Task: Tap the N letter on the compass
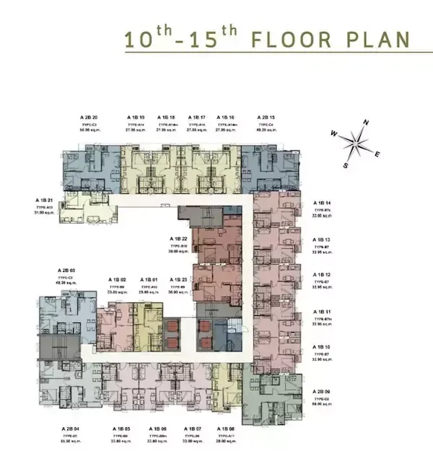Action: [367, 122]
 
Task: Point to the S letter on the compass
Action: [346, 165]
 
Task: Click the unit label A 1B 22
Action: [178, 238]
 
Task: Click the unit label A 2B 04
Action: [70, 429]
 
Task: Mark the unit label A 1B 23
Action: [178, 279]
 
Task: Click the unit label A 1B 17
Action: [197, 117]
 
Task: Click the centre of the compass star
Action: [356, 144]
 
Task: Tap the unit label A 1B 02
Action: [118, 279]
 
